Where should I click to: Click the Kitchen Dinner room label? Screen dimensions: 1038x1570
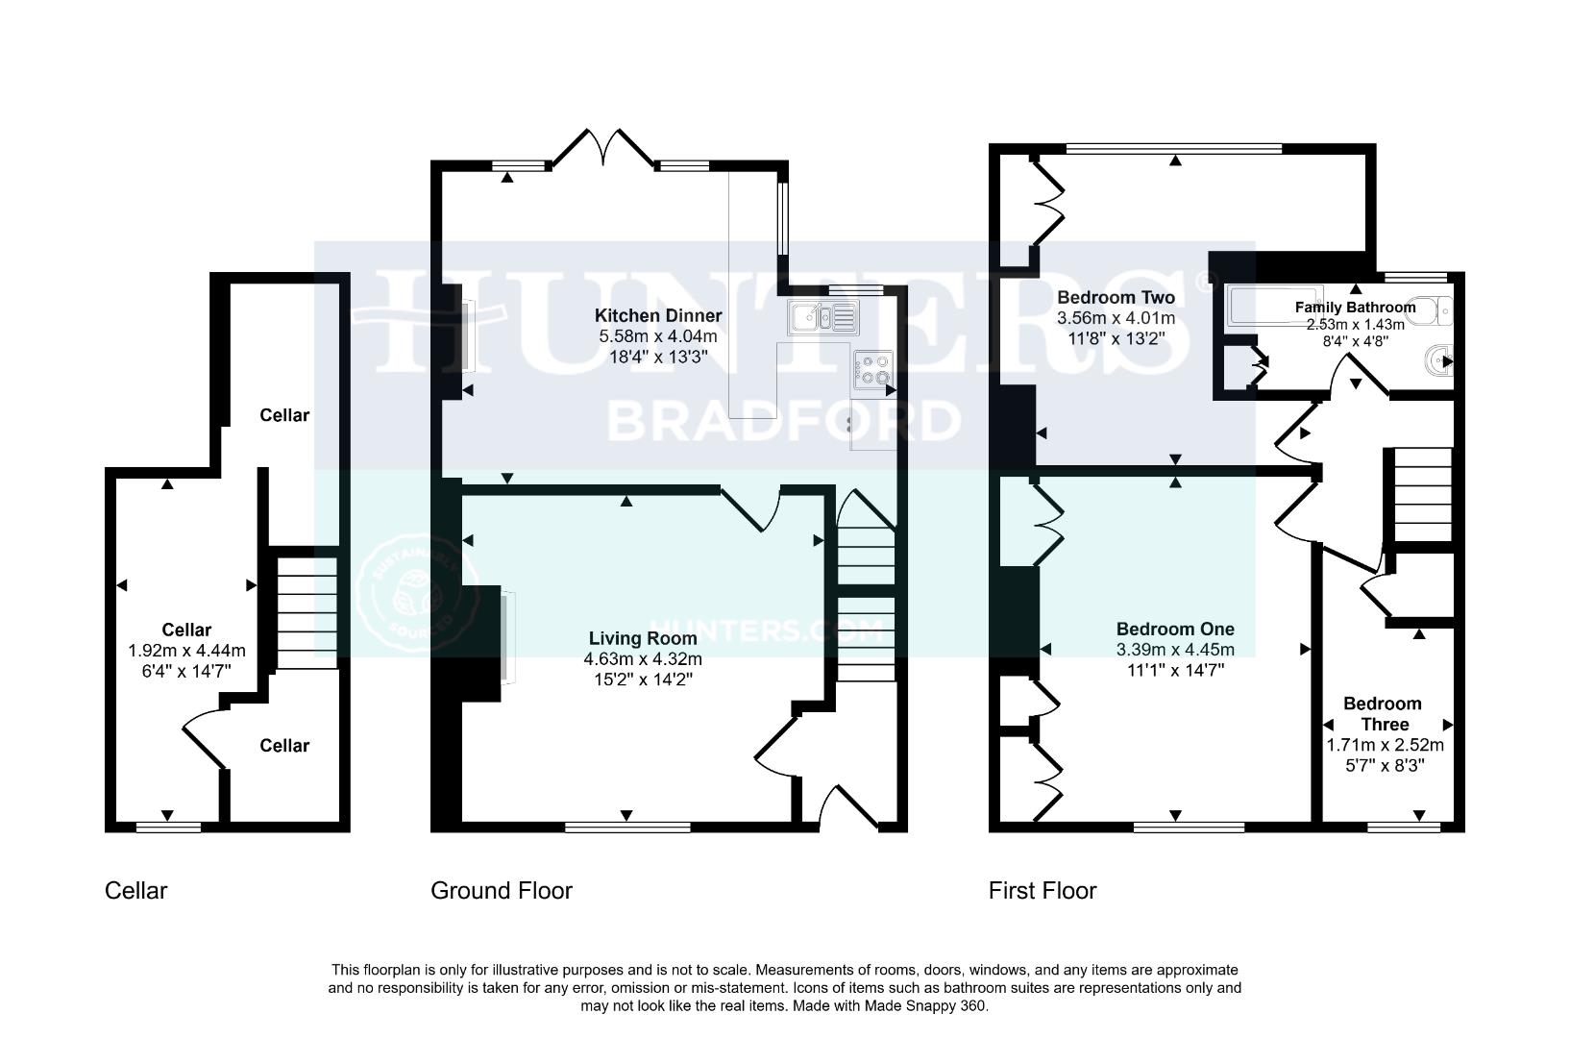click(x=657, y=315)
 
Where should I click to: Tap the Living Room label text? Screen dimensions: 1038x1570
click(x=642, y=638)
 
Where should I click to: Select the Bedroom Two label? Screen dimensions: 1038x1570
click(x=1116, y=297)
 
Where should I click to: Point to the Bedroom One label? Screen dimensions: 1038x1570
click(x=1175, y=630)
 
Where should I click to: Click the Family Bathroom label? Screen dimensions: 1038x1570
click(x=1355, y=308)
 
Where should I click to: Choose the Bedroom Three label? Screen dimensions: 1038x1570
click(x=1384, y=714)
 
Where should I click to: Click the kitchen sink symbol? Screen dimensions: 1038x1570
click(x=822, y=315)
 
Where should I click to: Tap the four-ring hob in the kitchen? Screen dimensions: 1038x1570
click(x=873, y=370)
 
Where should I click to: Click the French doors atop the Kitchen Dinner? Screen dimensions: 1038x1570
click(x=604, y=149)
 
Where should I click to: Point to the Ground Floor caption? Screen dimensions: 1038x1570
click(x=501, y=891)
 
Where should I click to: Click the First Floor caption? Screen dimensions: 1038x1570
click(x=1042, y=891)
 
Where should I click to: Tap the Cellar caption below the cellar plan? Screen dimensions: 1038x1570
click(x=135, y=891)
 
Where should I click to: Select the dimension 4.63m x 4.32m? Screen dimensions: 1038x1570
click(x=642, y=659)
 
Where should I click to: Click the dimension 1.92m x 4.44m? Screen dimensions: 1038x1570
click(x=186, y=651)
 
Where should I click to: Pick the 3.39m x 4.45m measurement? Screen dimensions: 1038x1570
click(x=1175, y=650)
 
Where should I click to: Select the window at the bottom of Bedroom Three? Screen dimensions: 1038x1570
click(x=1404, y=826)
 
